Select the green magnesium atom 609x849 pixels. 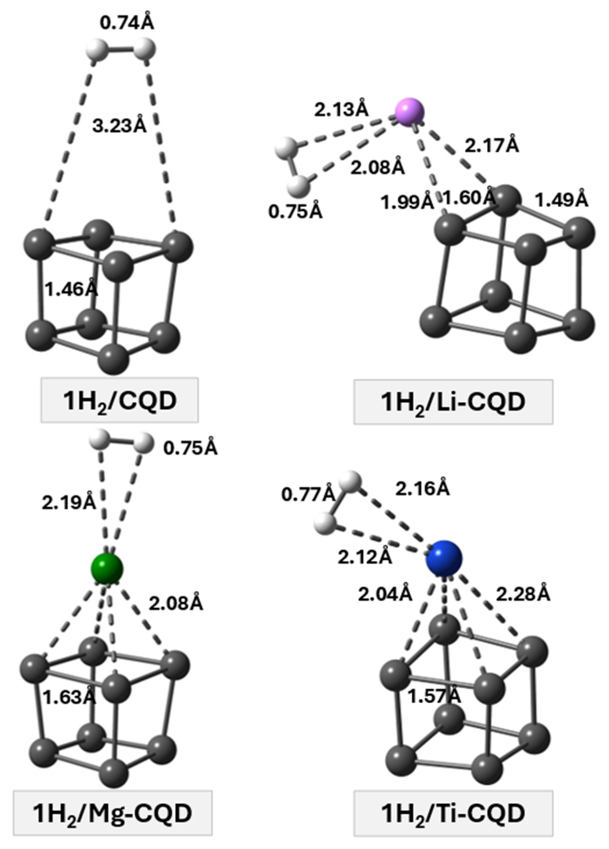tap(107, 568)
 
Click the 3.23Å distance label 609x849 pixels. tap(119, 126)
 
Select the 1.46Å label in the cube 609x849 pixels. tap(71, 289)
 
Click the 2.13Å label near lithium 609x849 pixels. tap(341, 110)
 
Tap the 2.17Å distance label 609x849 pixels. tap(491, 146)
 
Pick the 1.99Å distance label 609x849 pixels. tap(407, 203)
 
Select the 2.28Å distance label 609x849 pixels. tap(523, 594)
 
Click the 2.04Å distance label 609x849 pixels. tap(385, 594)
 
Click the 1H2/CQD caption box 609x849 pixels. tap(119, 400)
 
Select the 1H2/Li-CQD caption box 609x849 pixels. tap(453, 402)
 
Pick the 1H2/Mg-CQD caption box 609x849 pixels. tap(112, 823)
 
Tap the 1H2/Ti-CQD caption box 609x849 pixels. tap(453, 823)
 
